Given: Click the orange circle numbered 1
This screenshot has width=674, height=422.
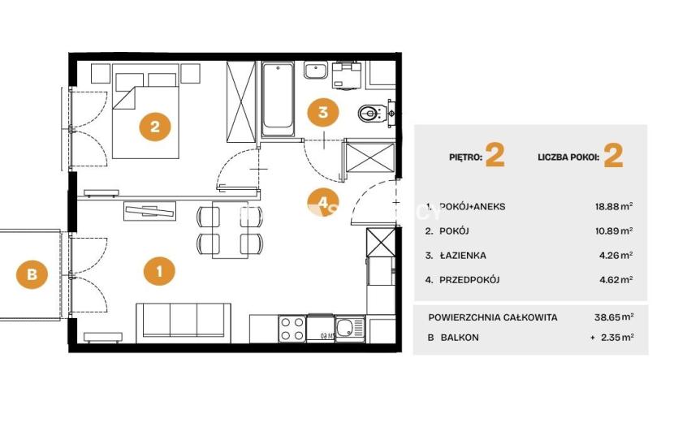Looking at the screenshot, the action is [x=159, y=271].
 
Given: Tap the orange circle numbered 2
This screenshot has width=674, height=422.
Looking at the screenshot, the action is [x=155, y=127].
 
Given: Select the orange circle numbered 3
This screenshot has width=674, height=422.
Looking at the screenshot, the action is [x=323, y=112].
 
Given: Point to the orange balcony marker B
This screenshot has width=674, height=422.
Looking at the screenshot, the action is [x=32, y=273].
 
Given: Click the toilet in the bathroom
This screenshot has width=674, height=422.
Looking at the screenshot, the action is [x=372, y=114].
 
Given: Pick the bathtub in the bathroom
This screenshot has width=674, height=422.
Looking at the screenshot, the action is [x=278, y=98].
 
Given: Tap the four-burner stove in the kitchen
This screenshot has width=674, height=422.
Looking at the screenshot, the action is [x=292, y=329].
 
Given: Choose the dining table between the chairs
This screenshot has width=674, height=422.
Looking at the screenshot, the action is [x=230, y=230].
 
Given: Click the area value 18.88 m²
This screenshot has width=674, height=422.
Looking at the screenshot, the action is [x=613, y=206].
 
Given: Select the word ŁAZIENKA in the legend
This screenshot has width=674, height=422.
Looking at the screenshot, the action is [x=463, y=256].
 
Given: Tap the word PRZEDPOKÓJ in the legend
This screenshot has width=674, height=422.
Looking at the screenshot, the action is [x=469, y=280].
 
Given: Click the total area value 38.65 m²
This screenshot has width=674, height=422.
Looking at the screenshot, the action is [x=614, y=317].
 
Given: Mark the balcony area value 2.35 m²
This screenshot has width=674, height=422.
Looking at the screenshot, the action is [x=617, y=338].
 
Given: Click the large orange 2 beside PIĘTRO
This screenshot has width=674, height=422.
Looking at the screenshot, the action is [x=495, y=156].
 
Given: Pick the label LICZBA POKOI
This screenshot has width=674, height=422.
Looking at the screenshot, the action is [x=568, y=157].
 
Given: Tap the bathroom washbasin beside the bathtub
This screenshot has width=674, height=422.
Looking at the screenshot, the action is [x=316, y=70].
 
